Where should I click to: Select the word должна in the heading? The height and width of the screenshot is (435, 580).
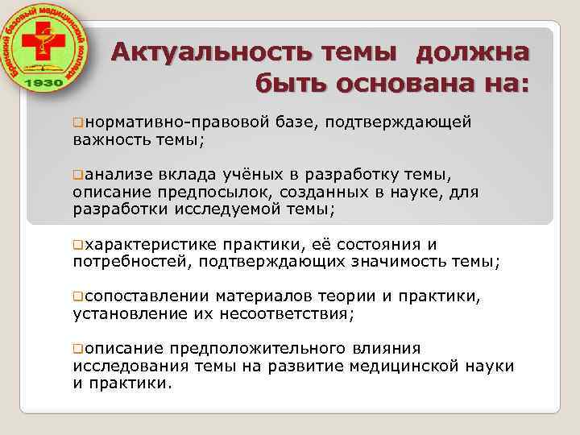point(474,53)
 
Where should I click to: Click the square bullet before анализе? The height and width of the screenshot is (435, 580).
point(77,174)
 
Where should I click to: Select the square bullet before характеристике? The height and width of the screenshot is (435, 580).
point(77,244)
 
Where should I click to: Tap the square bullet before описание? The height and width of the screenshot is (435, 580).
point(77,349)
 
